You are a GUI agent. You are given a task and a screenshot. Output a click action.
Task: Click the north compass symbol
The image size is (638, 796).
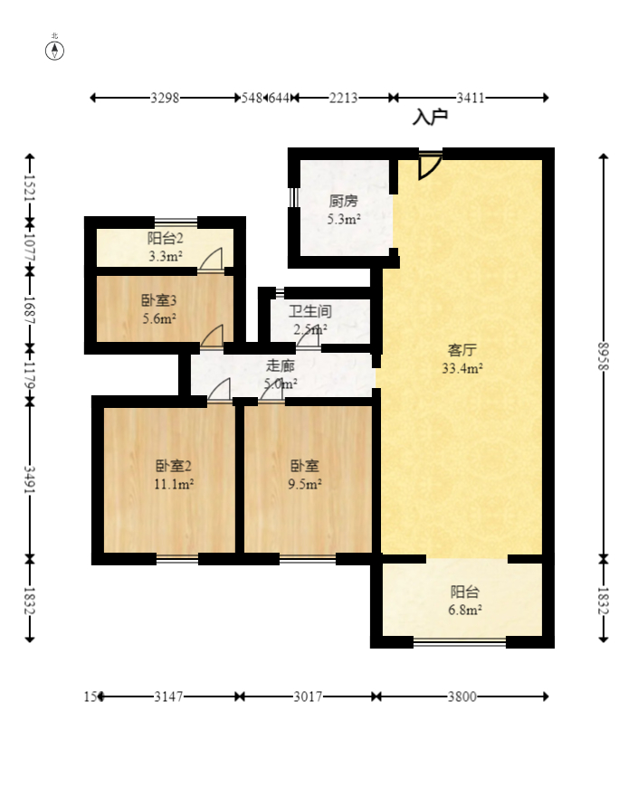[x=55, y=50]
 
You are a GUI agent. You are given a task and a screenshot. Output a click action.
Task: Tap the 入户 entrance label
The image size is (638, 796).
[x=431, y=117]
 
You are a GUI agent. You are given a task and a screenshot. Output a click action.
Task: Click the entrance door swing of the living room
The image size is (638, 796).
[x=430, y=166]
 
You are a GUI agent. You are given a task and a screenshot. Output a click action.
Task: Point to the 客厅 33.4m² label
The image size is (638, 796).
[x=462, y=358]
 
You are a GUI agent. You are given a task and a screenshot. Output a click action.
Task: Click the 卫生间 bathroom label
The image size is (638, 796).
[x=309, y=320]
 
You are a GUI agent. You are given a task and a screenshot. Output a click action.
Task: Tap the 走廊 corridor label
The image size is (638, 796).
[x=280, y=374]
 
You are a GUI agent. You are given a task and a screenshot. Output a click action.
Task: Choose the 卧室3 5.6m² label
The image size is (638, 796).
[x=158, y=308]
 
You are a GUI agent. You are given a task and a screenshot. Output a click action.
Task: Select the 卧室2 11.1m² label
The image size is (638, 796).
[x=174, y=475]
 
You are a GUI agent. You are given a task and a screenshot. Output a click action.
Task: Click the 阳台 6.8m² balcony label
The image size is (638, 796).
[x=464, y=601]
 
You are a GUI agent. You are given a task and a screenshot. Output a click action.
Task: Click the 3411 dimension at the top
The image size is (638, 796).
[x=470, y=98]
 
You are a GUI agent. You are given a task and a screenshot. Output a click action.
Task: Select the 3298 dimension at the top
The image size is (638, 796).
[x=165, y=98]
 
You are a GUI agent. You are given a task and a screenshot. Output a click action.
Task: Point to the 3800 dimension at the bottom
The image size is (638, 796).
[x=461, y=696]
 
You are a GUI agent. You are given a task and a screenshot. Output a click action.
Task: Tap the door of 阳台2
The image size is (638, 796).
[x=212, y=261]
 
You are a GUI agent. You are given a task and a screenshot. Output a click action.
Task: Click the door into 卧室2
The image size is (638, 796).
[x=219, y=391]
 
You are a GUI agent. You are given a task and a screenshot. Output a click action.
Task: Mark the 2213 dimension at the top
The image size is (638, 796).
[x=343, y=98]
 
